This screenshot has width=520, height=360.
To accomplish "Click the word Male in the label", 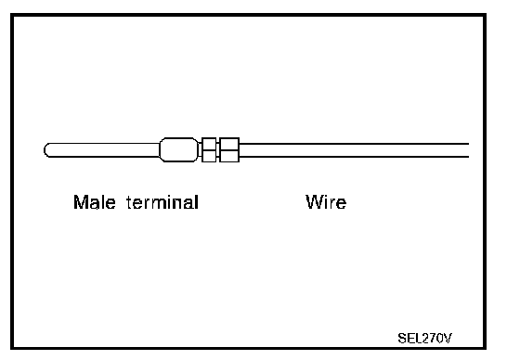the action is click(x=95, y=202).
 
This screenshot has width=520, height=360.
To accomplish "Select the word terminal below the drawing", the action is click(x=162, y=202).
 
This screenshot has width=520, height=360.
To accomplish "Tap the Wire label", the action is click(x=326, y=202).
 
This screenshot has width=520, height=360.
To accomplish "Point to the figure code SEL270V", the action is click(x=425, y=339).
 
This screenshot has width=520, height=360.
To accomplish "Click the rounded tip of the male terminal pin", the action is click(x=45, y=150).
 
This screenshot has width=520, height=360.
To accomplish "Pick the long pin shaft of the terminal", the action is click(x=102, y=150).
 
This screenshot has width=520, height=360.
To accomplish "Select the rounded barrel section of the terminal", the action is click(x=179, y=149).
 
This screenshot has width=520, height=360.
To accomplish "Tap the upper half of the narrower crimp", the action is click(x=209, y=144).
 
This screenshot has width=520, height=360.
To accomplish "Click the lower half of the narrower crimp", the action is click(x=209, y=156).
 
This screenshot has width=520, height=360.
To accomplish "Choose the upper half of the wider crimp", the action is click(x=229, y=144).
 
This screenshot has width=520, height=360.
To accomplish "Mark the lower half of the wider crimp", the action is click(x=229, y=156).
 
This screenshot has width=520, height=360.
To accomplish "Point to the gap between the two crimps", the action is click(x=218, y=150).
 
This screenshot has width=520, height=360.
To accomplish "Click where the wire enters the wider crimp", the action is click(x=240, y=150).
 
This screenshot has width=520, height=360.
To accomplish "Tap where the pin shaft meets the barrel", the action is click(x=160, y=150).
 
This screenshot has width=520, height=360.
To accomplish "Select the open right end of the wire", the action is click(x=468, y=150).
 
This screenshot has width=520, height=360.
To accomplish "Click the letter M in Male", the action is click(x=79, y=202).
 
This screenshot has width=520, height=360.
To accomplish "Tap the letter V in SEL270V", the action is click(x=448, y=339).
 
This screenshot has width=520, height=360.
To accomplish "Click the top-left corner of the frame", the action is click(x=12, y=15).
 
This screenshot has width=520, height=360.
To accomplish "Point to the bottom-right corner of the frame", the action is click(x=485, y=348).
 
